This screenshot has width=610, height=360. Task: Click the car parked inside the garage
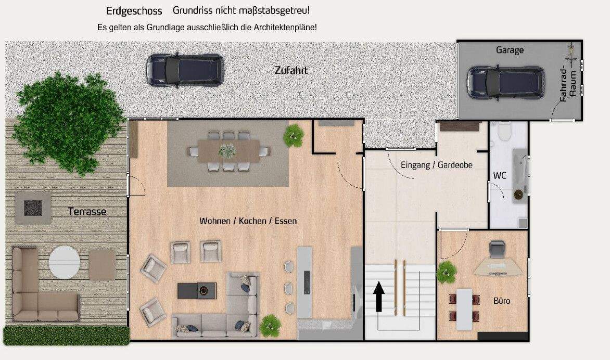coord(505,82)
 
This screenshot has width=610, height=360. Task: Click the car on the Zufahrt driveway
coord(185,70)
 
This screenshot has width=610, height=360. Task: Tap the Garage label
coord(510,50)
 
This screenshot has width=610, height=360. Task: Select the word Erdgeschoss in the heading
coord(134,11)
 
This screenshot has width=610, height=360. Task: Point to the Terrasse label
coord(87,212)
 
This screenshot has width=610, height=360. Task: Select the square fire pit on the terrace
coord(33,208)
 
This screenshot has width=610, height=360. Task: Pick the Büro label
coord(502,301)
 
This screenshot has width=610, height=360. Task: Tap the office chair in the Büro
coord(497,250)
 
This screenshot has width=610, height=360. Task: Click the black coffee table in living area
coord(196,290)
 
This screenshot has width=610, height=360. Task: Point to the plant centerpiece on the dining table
coord(227,151)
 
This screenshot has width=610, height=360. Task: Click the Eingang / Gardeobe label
coord(436,165)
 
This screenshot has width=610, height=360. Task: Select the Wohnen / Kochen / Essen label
coord(248,221)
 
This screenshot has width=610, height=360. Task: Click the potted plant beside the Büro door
coord(446,272)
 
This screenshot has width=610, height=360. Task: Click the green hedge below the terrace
coord(66,335)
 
